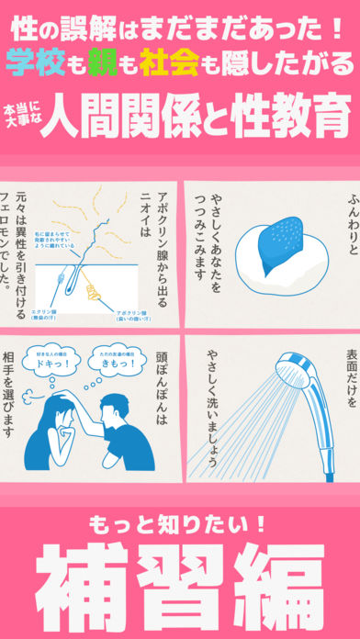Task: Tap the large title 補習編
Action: (x=180, y=580)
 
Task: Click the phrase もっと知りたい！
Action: (x=180, y=524)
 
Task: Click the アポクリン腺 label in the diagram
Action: (x=122, y=313)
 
